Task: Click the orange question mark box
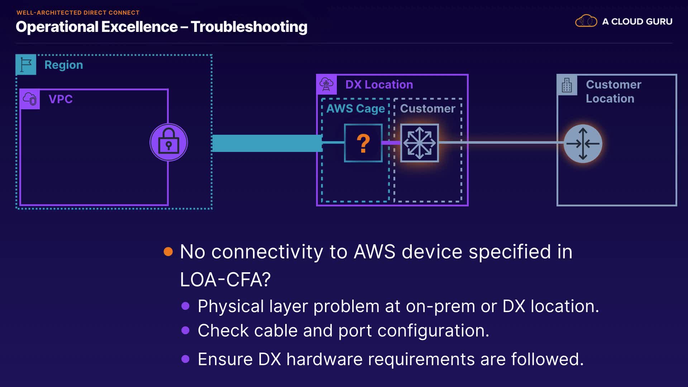(x=363, y=143)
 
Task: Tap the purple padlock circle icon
(x=169, y=142)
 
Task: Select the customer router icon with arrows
(x=420, y=143)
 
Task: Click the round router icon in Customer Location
(x=583, y=144)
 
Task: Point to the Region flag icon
(x=26, y=64)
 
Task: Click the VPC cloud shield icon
(x=30, y=99)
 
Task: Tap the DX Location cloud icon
(x=326, y=85)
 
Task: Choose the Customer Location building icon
(x=567, y=85)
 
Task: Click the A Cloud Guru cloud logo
(x=586, y=21)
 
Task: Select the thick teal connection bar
(x=267, y=143)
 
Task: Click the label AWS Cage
(x=355, y=109)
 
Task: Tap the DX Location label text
(x=379, y=85)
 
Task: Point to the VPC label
(x=61, y=99)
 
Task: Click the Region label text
(x=64, y=65)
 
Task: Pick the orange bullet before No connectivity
(x=168, y=252)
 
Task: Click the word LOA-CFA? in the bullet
(x=225, y=279)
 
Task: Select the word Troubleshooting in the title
(x=249, y=27)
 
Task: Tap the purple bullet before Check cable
(x=185, y=330)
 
